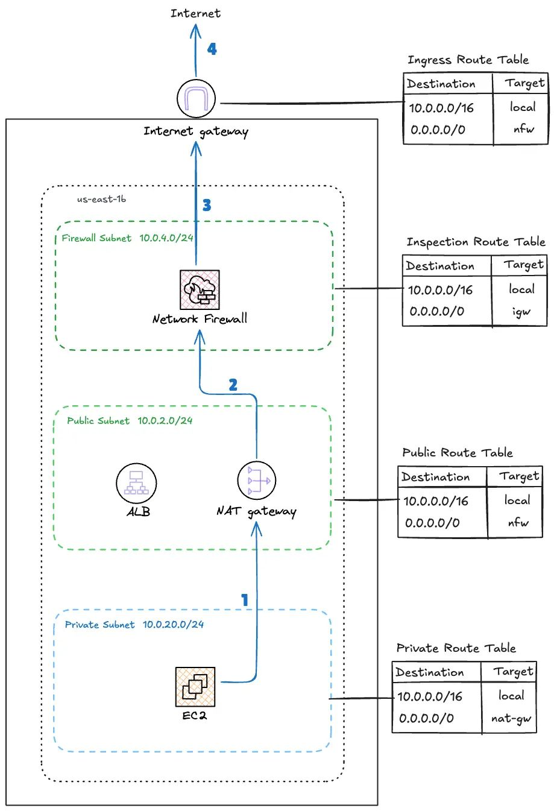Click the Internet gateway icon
click(x=197, y=98)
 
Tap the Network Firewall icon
click(x=200, y=290)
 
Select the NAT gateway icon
click(x=257, y=481)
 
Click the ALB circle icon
click(x=136, y=484)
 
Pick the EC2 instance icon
click(x=195, y=687)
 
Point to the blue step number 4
click(x=212, y=49)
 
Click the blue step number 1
click(x=245, y=600)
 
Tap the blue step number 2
click(x=233, y=385)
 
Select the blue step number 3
click(x=207, y=206)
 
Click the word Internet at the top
click(x=195, y=13)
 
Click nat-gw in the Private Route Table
click(x=511, y=719)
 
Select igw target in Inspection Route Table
click(x=521, y=312)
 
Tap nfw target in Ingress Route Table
click(x=523, y=129)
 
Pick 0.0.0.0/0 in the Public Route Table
click(x=432, y=523)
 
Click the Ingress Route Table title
click(x=468, y=60)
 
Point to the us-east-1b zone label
click(x=101, y=199)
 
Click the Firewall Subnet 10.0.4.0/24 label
click(x=127, y=238)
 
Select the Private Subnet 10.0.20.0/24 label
click(x=134, y=625)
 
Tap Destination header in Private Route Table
click(x=430, y=672)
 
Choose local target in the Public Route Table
click(x=517, y=500)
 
